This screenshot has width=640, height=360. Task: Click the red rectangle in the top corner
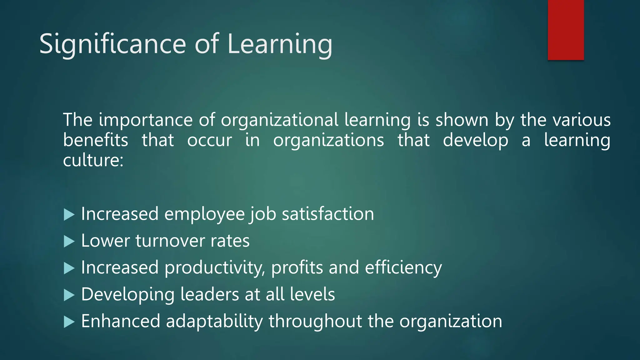566,30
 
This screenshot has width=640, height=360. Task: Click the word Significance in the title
113,44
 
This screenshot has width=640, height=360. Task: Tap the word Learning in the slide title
280,44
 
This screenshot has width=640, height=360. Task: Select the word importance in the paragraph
146,120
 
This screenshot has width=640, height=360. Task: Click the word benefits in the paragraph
96,140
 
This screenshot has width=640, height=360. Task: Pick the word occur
209,141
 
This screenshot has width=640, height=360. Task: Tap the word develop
475,141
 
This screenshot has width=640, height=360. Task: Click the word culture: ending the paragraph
93,160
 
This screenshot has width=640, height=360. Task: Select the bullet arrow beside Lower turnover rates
69,241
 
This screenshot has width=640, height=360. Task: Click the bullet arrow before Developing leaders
69,295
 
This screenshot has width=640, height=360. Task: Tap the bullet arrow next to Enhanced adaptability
69,322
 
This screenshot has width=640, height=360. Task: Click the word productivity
214,268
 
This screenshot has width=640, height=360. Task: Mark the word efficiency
403,268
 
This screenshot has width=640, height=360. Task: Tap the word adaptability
214,322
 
